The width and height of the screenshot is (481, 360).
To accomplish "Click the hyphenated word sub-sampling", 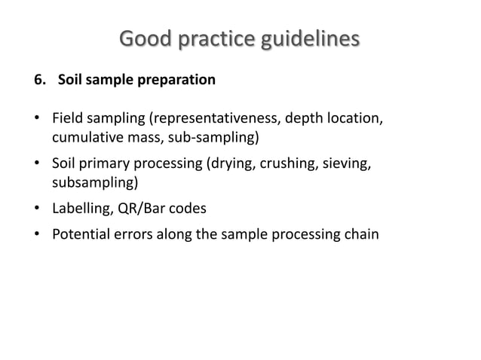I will [x=218, y=139].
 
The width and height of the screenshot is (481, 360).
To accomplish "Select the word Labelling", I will [x=81, y=208].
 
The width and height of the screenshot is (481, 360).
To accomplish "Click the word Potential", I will [x=81, y=233].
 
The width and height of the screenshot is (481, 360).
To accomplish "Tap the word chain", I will [x=363, y=233].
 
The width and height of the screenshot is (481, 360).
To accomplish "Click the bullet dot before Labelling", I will [x=37, y=208].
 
